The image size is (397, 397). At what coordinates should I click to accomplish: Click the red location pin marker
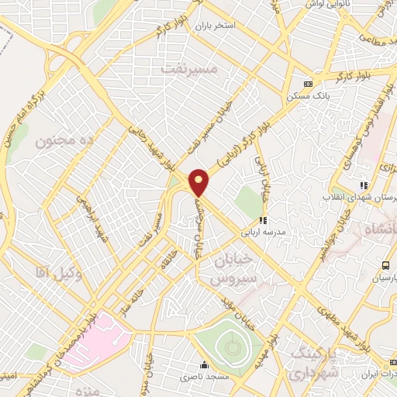click(x=199, y=182)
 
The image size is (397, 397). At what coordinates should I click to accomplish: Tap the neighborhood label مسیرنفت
click(x=191, y=69)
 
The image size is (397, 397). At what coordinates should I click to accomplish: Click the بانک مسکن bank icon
click(x=309, y=84)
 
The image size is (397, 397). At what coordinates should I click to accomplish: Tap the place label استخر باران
click(x=236, y=26)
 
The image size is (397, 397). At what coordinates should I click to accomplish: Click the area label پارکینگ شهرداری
click(x=316, y=364)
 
